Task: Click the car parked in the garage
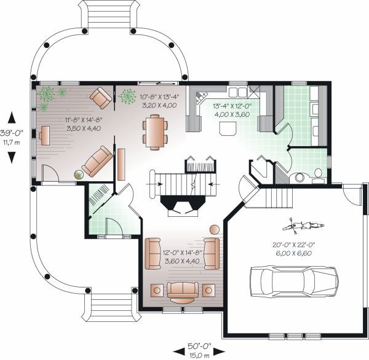[294, 281]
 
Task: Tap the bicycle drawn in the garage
[303, 226]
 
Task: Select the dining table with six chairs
[155, 132]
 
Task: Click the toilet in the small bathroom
[318, 173]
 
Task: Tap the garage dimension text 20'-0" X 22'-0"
[294, 245]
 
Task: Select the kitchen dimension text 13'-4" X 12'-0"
[232, 106]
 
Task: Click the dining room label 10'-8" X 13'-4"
[159, 96]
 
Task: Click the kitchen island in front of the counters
[228, 129]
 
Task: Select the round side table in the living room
[215, 230]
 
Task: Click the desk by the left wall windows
[45, 135]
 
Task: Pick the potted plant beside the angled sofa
[79, 174]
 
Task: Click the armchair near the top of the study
[101, 98]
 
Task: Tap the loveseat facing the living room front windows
[183, 291]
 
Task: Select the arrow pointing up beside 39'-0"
[12, 118]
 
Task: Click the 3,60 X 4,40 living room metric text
[182, 260]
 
